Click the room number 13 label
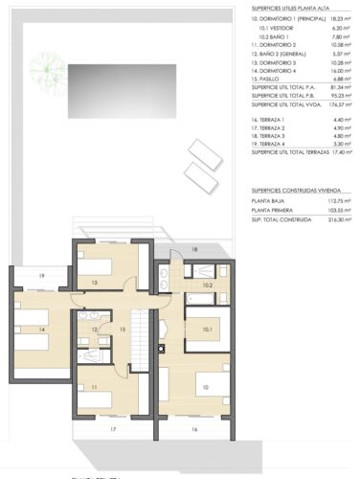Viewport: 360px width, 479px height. tap(95, 283)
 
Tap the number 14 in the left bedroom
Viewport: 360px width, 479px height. tap(42, 329)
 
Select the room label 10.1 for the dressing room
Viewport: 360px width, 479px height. tap(208, 330)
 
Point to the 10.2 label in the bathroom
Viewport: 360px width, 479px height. tap(207, 285)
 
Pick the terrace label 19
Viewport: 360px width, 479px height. tap(42, 276)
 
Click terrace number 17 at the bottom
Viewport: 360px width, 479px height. tap(112, 429)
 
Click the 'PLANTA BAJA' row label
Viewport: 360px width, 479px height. tap(269, 201)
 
